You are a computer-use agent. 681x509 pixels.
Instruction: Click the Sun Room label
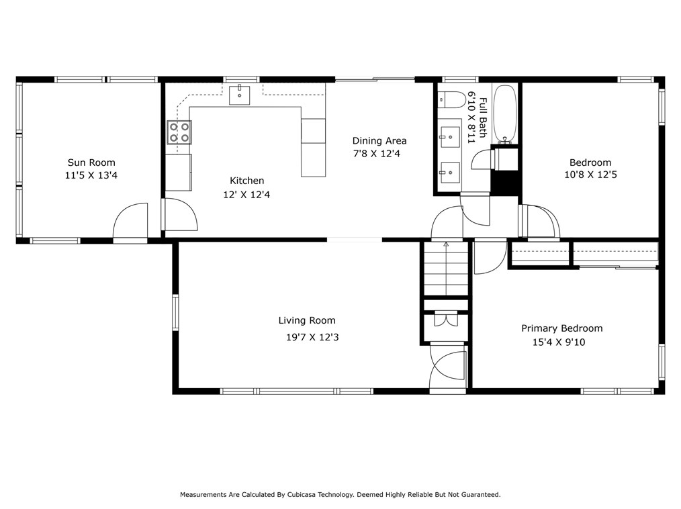(91, 163)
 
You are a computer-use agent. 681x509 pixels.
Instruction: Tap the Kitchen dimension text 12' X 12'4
(246, 195)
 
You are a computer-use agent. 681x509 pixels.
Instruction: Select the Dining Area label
(379, 141)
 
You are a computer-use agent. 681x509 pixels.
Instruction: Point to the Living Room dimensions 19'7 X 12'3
(312, 337)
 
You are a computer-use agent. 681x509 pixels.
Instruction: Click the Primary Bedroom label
(562, 328)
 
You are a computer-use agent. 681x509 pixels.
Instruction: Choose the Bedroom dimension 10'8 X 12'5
(590, 175)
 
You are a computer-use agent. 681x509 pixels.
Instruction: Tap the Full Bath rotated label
(482, 118)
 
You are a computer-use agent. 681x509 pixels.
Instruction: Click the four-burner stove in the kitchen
(179, 132)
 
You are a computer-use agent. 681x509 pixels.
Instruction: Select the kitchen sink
(239, 95)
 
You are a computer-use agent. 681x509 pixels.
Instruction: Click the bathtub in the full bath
(505, 114)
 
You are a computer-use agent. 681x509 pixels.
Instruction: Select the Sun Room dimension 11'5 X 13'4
(91, 175)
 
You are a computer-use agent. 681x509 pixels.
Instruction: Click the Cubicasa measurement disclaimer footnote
(340, 494)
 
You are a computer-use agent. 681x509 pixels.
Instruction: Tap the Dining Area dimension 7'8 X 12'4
(377, 153)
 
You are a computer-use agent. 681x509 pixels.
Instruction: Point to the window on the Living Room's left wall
(175, 313)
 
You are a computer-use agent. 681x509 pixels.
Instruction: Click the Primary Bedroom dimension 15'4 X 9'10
(559, 342)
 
